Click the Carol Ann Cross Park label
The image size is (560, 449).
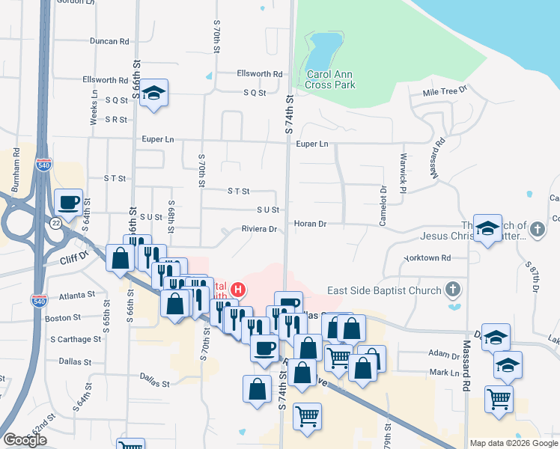(330, 79)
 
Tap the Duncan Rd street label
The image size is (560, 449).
(109, 42)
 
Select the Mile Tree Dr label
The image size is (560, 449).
(444, 91)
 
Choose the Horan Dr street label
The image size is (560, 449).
(310, 224)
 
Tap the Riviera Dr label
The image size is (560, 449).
(259, 229)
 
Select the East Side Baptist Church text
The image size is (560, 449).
(383, 290)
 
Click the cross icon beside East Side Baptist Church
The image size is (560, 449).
(451, 290)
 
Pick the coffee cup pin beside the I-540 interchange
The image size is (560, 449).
(69, 202)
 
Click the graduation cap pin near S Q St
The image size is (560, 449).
(154, 94)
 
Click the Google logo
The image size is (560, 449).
(25, 440)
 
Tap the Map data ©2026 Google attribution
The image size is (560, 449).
(513, 443)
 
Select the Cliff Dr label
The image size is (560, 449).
(74, 259)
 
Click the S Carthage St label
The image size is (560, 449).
(75, 339)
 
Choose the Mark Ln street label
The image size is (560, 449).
(443, 373)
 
